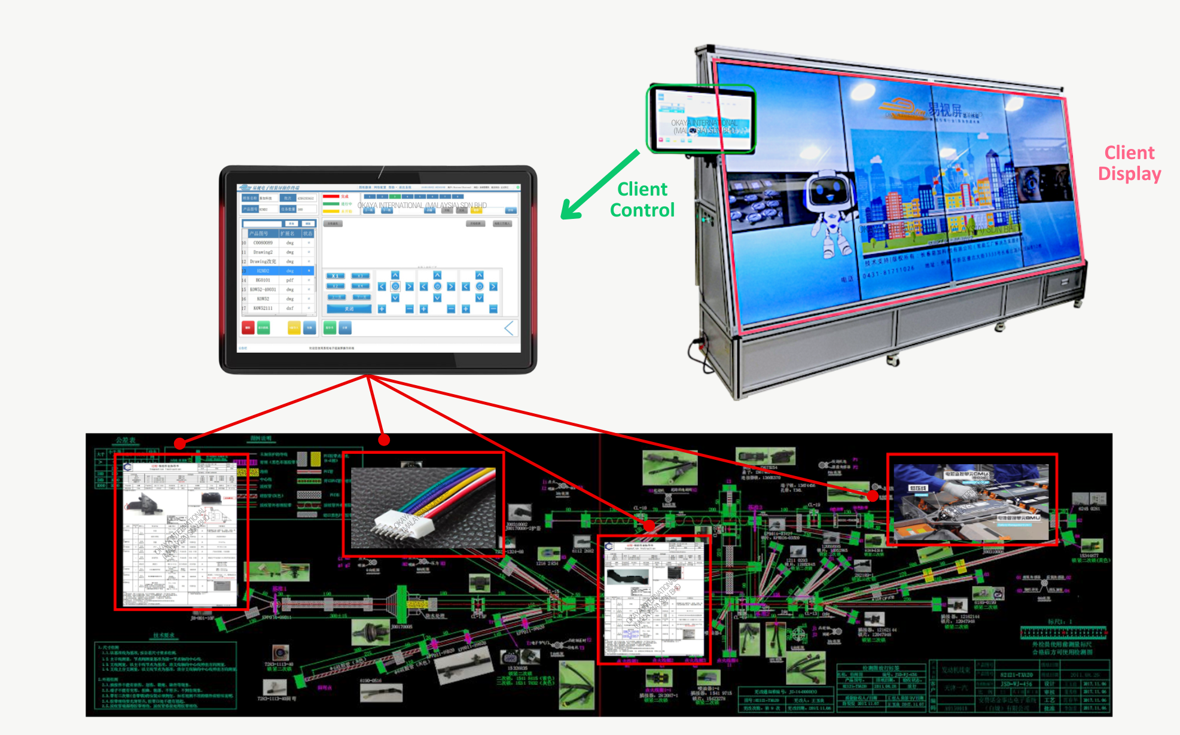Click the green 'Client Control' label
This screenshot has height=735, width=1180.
(642, 200)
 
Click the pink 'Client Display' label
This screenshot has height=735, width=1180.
(1129, 163)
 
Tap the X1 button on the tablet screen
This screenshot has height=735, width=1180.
(336, 276)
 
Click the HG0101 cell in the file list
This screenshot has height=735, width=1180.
(263, 280)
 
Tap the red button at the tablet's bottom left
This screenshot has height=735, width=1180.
(248, 328)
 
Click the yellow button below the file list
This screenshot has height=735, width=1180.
(294, 328)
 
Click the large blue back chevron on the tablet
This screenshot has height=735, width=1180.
(509, 328)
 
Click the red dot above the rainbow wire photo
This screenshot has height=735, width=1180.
(384, 440)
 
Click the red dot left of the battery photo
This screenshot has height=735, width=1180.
(873, 495)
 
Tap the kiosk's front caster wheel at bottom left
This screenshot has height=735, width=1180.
(894, 361)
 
